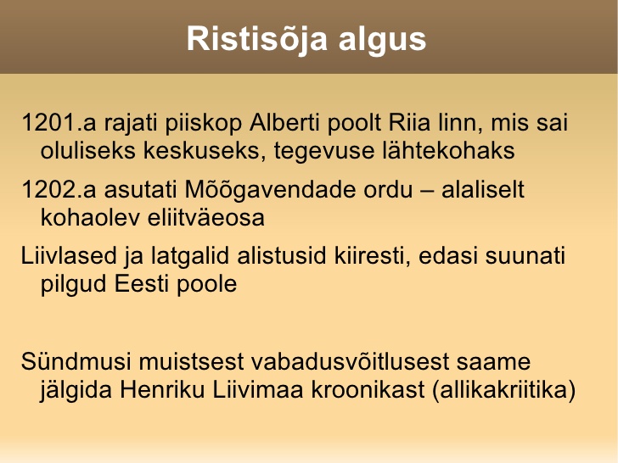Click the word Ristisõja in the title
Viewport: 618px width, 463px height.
point(257,39)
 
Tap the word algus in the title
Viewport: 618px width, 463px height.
point(382,40)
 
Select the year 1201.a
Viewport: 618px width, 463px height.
point(59,122)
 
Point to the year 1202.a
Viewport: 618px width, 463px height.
point(59,189)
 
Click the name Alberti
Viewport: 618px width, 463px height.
point(284,122)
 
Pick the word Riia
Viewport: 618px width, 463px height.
point(409,122)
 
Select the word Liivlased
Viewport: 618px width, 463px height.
point(69,255)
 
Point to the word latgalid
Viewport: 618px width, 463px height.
point(190,257)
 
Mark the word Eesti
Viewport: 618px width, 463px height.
point(142,283)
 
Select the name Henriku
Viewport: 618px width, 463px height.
point(162,390)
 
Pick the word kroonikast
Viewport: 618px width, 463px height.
point(368,390)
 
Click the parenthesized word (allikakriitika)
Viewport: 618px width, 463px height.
point(504,391)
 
